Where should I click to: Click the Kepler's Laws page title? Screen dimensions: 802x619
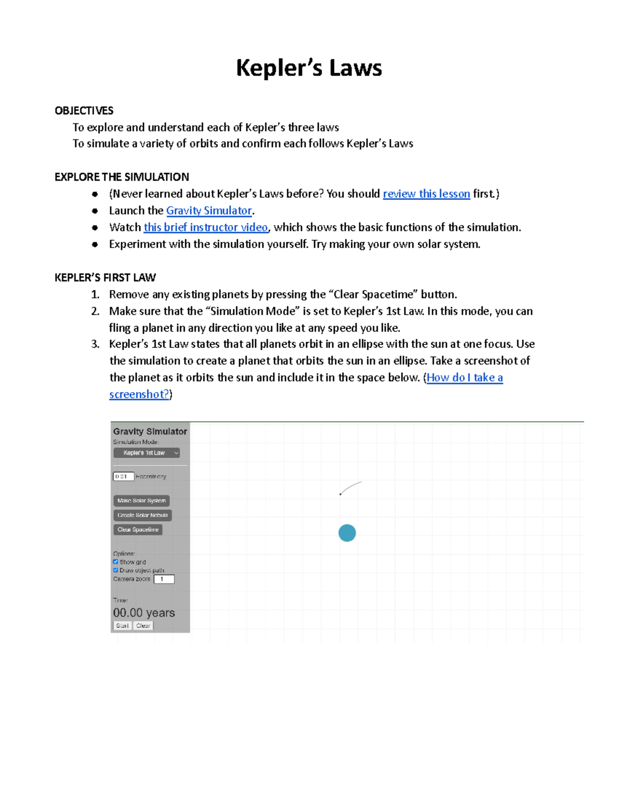(308, 68)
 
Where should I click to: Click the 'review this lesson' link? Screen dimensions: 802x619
(426, 194)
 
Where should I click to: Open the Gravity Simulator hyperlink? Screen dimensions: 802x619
(209, 211)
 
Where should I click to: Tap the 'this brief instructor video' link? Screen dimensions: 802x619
(205, 227)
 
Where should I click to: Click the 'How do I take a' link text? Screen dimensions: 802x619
(464, 378)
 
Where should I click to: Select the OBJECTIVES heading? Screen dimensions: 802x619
(84, 111)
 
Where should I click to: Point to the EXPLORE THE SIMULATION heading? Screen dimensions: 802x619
(122, 177)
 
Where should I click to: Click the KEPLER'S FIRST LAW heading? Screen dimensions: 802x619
(105, 278)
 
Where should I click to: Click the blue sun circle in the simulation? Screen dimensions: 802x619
(347, 533)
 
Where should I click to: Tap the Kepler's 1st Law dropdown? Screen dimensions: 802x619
(146, 453)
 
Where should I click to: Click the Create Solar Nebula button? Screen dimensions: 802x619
(142, 515)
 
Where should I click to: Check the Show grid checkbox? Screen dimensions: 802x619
(116, 561)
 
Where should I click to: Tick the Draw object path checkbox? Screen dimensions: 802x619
(116, 570)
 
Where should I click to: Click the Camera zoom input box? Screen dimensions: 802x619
(164, 579)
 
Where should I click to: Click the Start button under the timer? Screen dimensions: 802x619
(122, 625)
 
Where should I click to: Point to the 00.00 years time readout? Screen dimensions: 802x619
(144, 613)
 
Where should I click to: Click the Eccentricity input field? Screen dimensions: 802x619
(123, 476)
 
